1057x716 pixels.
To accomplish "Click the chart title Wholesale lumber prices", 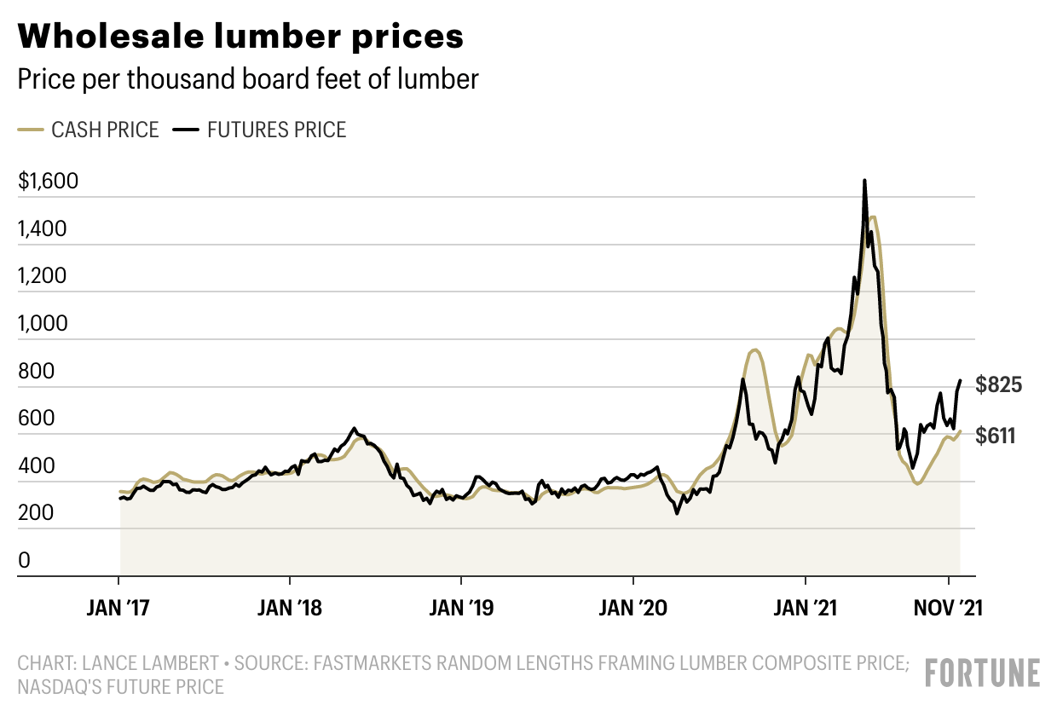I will (x=240, y=38).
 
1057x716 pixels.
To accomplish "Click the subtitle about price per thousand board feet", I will (x=248, y=79).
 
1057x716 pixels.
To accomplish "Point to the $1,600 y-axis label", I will (x=48, y=182).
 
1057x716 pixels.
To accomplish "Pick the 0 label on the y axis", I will (x=24, y=561).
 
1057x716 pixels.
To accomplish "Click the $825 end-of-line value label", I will (x=998, y=385).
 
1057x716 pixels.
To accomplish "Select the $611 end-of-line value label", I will (x=995, y=436).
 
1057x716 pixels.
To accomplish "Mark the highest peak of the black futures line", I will (x=864, y=181).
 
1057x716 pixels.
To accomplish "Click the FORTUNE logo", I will (x=983, y=673).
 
